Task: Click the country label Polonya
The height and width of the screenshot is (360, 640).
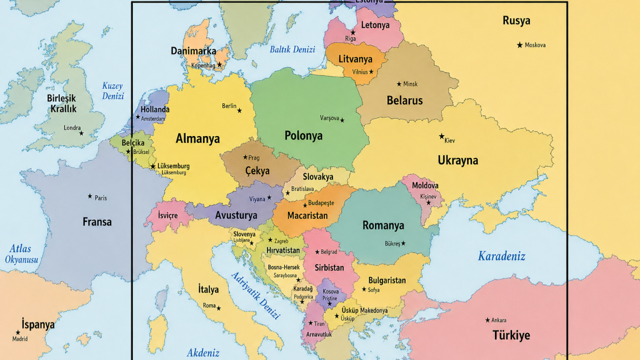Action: [x=303, y=135]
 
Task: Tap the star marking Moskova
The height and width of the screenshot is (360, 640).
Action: [x=519, y=45]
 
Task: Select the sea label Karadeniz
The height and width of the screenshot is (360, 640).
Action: [x=501, y=256]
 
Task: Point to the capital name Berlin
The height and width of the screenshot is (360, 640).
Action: [x=229, y=106]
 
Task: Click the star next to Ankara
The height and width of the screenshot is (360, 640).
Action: [x=487, y=320]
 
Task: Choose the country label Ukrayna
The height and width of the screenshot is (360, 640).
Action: [x=457, y=160]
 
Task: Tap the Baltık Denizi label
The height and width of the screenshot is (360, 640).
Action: [x=292, y=49]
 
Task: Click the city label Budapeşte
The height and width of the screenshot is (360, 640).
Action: [x=321, y=203]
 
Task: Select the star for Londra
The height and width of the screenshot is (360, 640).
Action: [x=81, y=133]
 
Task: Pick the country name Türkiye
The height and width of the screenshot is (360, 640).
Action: [x=511, y=335]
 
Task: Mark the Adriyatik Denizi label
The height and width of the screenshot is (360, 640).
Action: [x=255, y=295]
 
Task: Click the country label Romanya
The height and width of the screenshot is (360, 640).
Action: [x=383, y=225]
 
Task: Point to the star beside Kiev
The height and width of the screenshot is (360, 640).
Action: [x=441, y=136]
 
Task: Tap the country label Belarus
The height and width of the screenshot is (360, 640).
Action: [x=404, y=100]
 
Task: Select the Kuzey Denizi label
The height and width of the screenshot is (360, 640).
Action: [x=113, y=91]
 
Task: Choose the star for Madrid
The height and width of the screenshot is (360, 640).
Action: [x=18, y=332]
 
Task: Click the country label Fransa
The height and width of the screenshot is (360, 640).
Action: [x=97, y=222]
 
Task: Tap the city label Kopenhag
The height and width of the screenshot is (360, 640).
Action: [x=203, y=66]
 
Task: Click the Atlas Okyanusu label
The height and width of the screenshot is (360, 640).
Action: [x=21, y=254]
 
